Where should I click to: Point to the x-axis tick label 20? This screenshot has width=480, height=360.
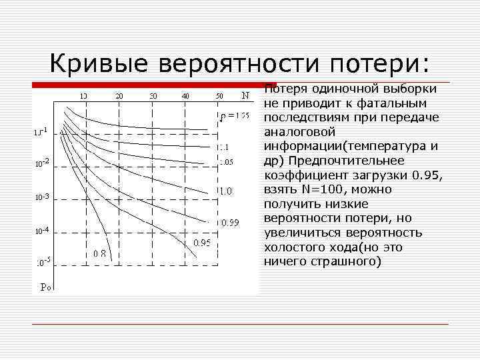(x=119, y=96)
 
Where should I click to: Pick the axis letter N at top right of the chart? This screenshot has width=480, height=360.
(x=245, y=95)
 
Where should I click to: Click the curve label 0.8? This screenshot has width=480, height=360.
(x=100, y=253)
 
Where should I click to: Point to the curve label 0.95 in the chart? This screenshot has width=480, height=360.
(x=202, y=243)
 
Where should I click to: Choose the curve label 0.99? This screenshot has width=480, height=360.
(x=230, y=222)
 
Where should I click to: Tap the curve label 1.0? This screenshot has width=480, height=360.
(x=226, y=191)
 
